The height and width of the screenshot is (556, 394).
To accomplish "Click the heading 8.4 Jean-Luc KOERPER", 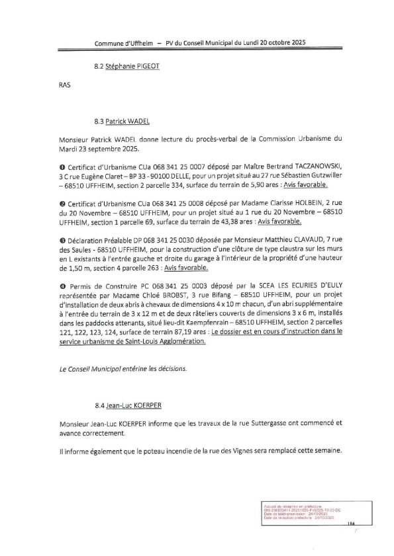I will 132,402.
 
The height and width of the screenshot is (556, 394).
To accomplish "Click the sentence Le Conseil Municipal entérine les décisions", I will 113,367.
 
